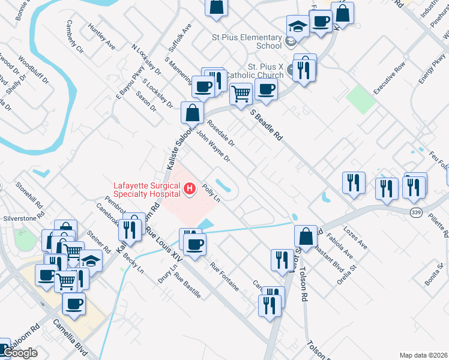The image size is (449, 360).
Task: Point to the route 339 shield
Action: click(x=415, y=212)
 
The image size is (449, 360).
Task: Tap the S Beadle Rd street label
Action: click(x=267, y=125)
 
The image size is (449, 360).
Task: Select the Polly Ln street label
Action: click(x=210, y=193)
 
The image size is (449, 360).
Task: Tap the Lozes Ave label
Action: click(x=354, y=238)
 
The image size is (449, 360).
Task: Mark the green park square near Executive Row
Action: click(x=360, y=100)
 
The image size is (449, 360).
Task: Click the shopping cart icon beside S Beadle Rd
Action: click(x=241, y=94)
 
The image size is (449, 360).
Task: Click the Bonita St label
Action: click(x=435, y=266)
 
